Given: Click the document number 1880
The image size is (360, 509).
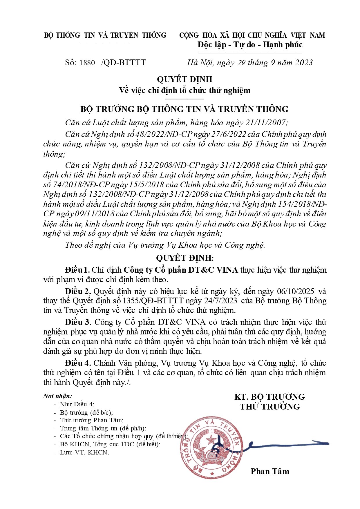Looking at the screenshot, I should [x=87, y=63].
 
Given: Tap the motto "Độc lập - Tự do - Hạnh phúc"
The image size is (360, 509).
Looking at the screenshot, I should [x=250, y=45].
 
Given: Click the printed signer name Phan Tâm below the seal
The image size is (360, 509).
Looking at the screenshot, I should [x=270, y=471].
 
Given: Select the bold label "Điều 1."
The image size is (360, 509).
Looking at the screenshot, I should [x=77, y=270].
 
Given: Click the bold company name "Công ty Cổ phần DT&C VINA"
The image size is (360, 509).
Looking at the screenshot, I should [x=181, y=270].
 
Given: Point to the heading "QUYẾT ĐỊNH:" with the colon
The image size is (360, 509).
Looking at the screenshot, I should [x=185, y=258].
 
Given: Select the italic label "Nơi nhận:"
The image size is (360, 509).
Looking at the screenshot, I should [x=57, y=396].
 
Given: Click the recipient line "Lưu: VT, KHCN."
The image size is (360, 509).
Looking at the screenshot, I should [x=84, y=452].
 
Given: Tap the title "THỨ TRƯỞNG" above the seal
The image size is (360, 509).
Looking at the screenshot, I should [x=270, y=407].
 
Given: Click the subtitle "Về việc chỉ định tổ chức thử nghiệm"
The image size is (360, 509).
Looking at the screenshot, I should [x=185, y=90].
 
